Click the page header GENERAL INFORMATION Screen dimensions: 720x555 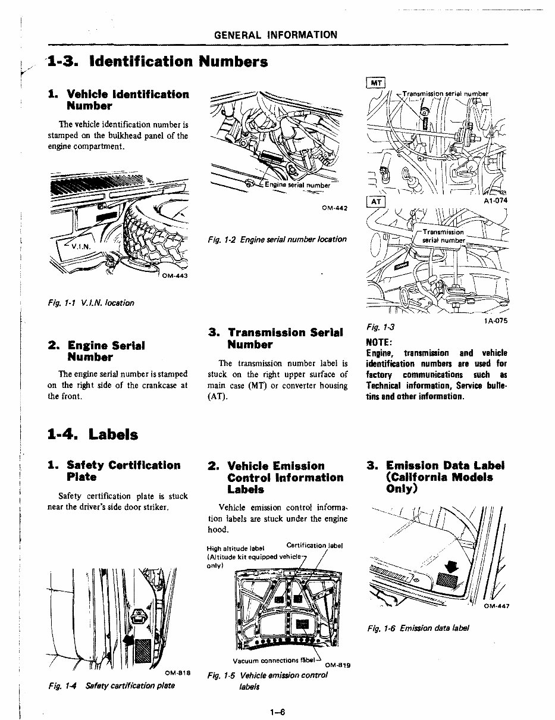click(x=275, y=35)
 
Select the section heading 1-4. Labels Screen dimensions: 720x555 click(x=93, y=434)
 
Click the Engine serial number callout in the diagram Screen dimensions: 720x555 click(x=297, y=185)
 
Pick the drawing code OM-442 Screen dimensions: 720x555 click(x=334, y=208)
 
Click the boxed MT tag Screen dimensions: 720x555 click(x=376, y=83)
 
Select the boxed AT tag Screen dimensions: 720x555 click(x=376, y=202)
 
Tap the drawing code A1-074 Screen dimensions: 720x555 click(x=495, y=201)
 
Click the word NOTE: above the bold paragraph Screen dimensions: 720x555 click(x=378, y=343)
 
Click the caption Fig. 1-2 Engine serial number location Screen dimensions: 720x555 click(x=277, y=239)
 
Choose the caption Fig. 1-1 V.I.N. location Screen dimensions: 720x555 click(x=91, y=302)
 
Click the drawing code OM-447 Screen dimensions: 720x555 click(x=498, y=607)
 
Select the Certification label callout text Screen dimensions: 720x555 click(x=315, y=545)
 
